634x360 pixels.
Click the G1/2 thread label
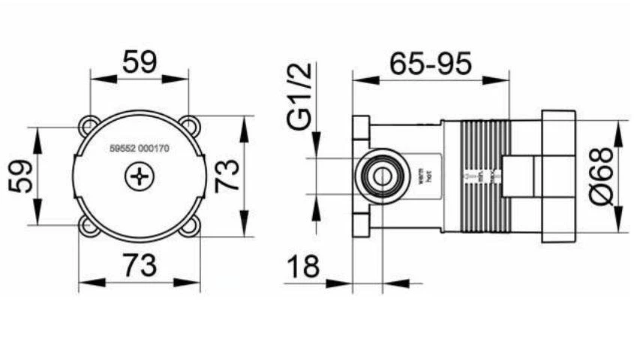click(302, 97)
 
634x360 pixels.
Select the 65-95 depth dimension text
click(431, 63)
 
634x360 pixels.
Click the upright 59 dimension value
click(140, 62)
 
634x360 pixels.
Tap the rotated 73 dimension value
click(227, 175)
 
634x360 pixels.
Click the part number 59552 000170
click(140, 149)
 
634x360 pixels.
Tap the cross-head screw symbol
click(140, 177)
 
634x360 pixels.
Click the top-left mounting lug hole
click(90, 124)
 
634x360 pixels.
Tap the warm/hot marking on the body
click(422, 177)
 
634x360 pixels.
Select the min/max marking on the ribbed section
click(480, 177)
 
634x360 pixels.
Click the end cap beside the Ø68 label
click(557, 177)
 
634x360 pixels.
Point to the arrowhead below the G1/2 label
click(315, 149)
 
